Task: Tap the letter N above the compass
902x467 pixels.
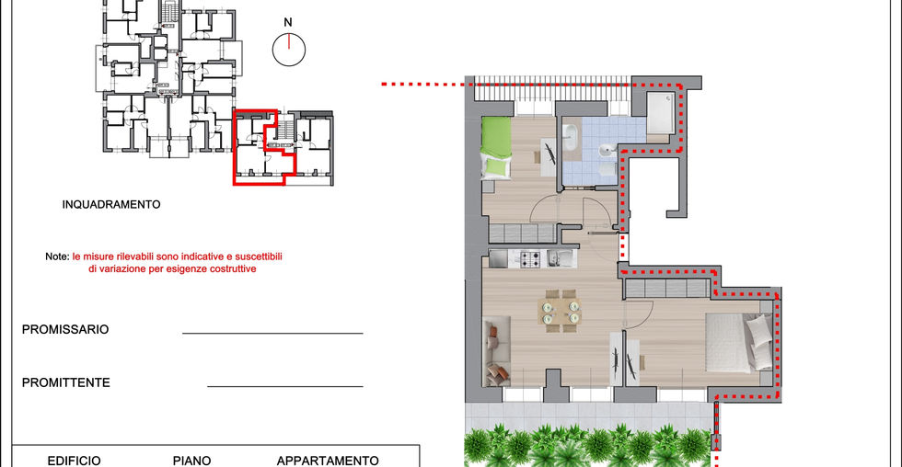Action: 287,22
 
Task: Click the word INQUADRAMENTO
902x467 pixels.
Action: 111,204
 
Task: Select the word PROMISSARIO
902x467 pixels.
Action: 65,330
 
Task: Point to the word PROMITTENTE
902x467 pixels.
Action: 65,382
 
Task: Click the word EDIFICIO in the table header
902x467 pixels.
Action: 74,461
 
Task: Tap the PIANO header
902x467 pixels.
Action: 191,461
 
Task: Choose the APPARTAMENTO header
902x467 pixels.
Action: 328,461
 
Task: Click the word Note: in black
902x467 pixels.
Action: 57,256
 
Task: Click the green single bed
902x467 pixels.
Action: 496,148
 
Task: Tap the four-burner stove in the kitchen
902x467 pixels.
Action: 532,259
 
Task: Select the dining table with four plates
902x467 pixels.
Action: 560,311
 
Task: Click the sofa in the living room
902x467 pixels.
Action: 497,351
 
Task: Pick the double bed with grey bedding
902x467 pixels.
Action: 739,342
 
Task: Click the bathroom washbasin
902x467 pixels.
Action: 607,151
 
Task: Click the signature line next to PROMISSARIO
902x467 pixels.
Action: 272,333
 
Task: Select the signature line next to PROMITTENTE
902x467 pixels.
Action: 285,387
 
